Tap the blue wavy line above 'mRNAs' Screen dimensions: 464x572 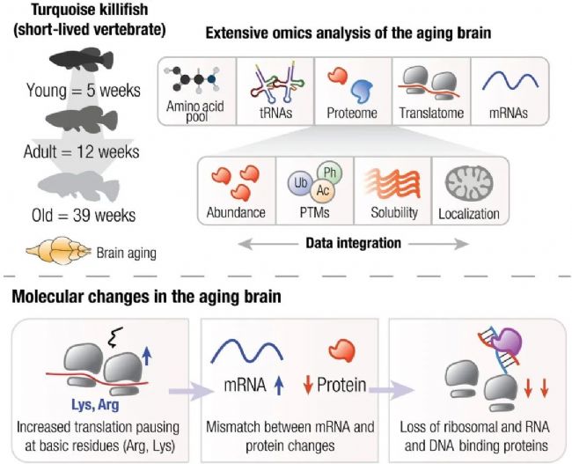click(x=510, y=85)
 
